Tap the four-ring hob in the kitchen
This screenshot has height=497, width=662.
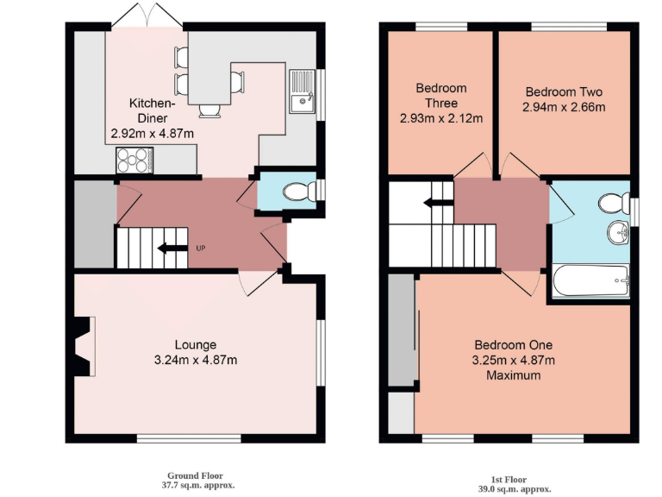[x=134, y=160]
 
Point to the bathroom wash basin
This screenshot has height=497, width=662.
[x=617, y=231]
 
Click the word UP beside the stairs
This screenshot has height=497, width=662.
[x=201, y=249]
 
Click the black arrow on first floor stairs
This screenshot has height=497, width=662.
[x=434, y=204]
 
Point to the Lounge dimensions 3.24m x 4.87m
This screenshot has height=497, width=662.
[x=196, y=360]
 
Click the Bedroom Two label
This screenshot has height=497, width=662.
[x=564, y=92]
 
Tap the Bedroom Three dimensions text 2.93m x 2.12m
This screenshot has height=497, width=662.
[x=440, y=118]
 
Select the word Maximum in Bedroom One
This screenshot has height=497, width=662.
[x=513, y=375]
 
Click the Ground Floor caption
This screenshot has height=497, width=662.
[x=195, y=475]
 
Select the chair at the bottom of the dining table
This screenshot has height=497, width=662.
[x=209, y=110]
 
